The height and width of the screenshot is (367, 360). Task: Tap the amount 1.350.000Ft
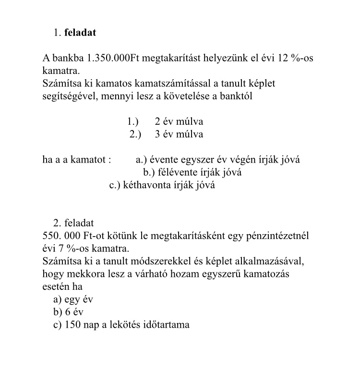pyautogui.click(x=108, y=59)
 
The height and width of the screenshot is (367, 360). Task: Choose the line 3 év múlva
pyautogui.click(x=179, y=134)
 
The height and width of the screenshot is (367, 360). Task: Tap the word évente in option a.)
pyautogui.click(x=165, y=159)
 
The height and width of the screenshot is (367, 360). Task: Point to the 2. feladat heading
pyautogui.click(x=73, y=223)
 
